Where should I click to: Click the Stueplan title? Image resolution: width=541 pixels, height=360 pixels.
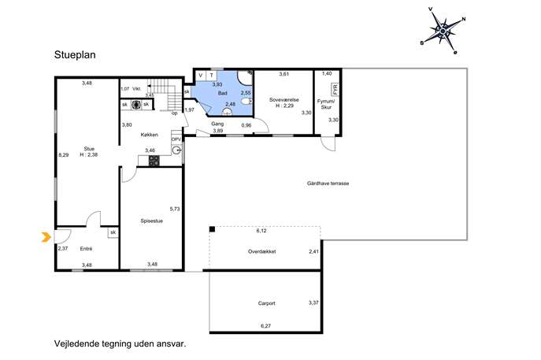[x=75, y=55]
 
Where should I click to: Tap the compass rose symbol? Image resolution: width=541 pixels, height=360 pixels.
[x=443, y=31]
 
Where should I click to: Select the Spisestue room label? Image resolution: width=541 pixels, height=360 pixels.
[x=151, y=221]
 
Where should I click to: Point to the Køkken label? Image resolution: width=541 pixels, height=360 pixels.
[x=150, y=135]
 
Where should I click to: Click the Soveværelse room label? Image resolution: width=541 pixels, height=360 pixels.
[x=284, y=100]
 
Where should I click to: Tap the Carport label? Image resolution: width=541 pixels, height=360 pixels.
[x=267, y=303]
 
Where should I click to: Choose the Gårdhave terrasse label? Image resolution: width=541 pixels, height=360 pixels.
[x=328, y=184]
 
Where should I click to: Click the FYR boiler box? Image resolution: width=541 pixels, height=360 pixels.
[x=335, y=89]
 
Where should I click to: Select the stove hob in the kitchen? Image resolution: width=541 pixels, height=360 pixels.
[x=154, y=161]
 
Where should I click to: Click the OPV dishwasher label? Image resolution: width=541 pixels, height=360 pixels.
[x=176, y=139]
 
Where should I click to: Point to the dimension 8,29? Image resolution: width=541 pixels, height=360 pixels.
[x=64, y=155]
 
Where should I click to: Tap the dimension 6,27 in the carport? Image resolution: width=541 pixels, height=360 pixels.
[x=265, y=325]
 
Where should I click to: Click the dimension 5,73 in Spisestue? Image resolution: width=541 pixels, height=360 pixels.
[x=175, y=209]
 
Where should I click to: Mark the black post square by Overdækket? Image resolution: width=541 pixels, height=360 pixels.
[x=212, y=229]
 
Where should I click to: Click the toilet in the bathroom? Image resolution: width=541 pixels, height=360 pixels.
[x=246, y=101]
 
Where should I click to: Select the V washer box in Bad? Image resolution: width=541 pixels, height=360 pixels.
[x=201, y=76]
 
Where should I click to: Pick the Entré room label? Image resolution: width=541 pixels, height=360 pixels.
[x=86, y=248]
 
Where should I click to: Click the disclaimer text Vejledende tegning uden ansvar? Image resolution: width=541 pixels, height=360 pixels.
[x=120, y=343]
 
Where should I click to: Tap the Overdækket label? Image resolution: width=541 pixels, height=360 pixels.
[x=262, y=251]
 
